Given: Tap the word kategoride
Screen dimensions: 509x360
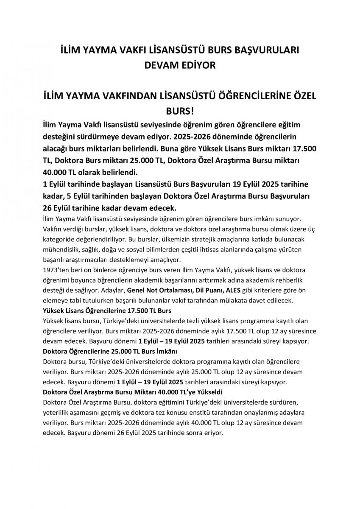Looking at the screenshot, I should (59, 239).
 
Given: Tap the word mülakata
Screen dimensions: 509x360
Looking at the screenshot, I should (246, 301).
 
